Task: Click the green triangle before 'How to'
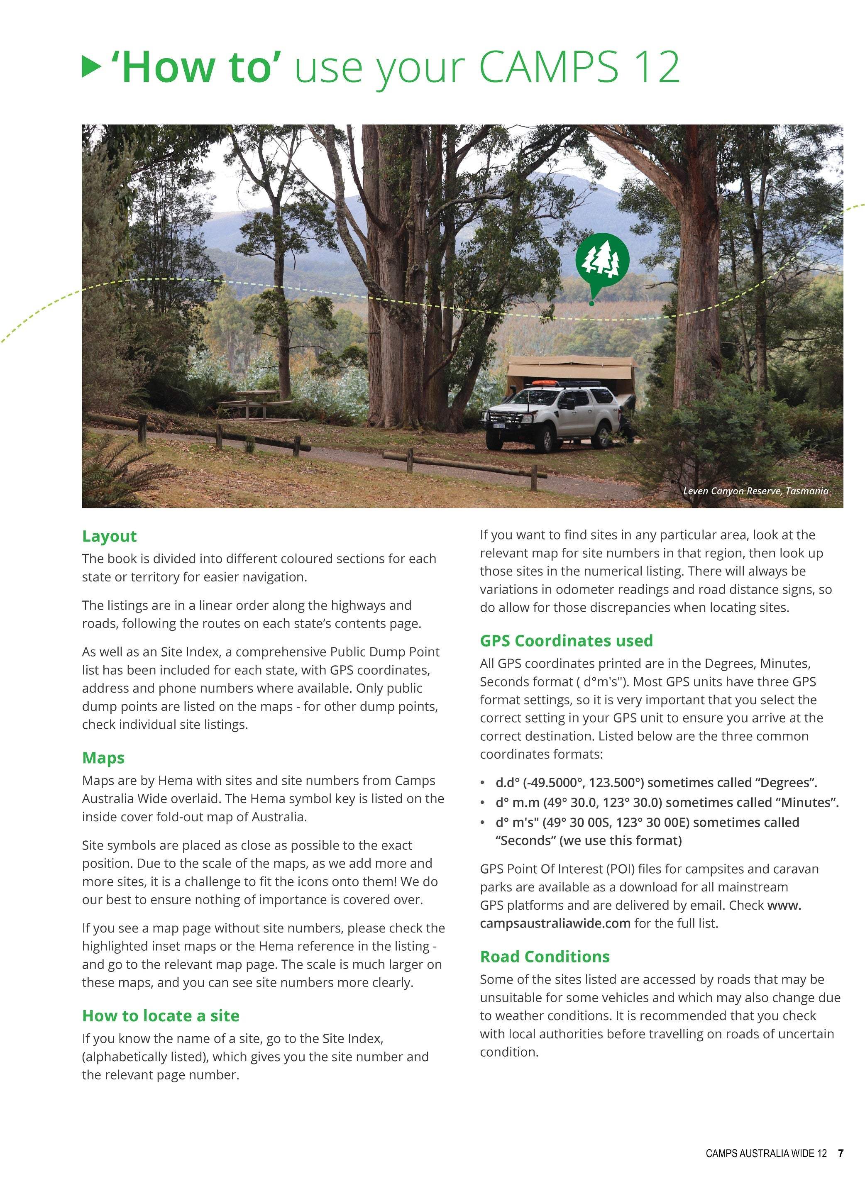tap(92, 67)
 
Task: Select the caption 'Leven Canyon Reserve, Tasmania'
tap(755, 491)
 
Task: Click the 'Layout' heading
tap(110, 536)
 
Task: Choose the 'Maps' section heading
tap(103, 757)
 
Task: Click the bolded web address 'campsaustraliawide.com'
tap(555, 923)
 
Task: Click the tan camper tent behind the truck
tap(571, 369)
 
